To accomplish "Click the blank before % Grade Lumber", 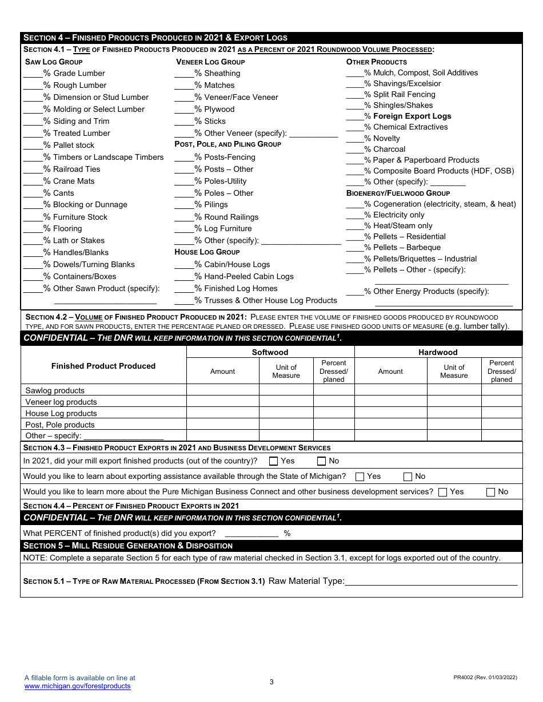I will pos(33,74).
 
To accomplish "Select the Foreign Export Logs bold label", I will pos(412,116).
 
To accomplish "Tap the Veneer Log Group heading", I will pos(210,62).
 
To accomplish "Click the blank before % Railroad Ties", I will pos(33,170).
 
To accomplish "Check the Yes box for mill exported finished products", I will pos(274,461).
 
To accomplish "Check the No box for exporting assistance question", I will pos(408,477).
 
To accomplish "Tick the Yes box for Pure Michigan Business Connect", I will pos(442,492).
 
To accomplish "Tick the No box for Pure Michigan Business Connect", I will pos(490,492).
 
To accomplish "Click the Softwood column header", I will pos(270,353).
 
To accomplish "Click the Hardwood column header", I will pos(438,353).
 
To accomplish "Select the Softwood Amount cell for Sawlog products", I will pos(223,390).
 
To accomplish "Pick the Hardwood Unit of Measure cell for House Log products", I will pos(454,413).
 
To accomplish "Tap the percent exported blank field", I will pos(251,534).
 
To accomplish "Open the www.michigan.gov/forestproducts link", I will pos(77,686).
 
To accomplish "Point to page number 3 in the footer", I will pos(271,682).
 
